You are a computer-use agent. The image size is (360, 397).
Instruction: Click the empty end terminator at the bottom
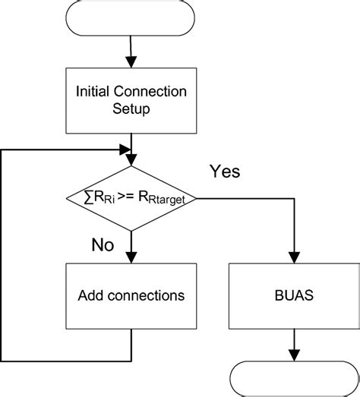[292, 377]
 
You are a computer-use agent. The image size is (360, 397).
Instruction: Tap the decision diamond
[132, 197]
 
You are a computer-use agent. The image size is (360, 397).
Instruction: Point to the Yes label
[225, 172]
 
